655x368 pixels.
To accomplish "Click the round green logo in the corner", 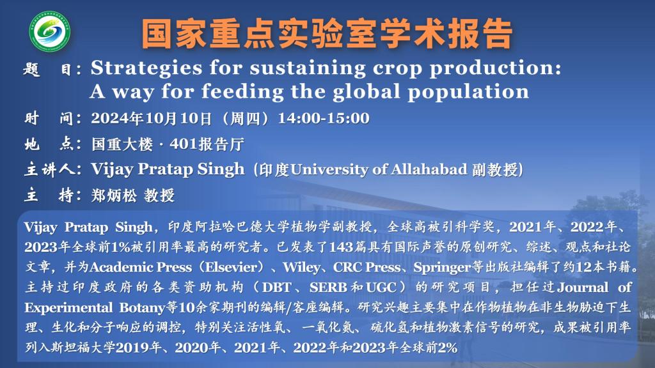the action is point(50,31).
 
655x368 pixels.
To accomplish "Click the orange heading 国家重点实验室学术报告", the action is point(327,33).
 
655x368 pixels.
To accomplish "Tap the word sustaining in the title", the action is point(308,68).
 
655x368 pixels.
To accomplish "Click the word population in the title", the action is point(468,92).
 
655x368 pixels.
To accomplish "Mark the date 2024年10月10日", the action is point(152,118).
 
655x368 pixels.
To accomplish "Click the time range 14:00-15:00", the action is point(324,118).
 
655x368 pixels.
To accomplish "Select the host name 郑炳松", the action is point(114,195).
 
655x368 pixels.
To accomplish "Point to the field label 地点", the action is point(49,144).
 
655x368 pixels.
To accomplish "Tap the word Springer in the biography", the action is point(442,268).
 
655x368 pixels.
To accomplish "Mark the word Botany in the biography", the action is point(143,308).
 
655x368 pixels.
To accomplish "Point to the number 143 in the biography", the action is point(341,247).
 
